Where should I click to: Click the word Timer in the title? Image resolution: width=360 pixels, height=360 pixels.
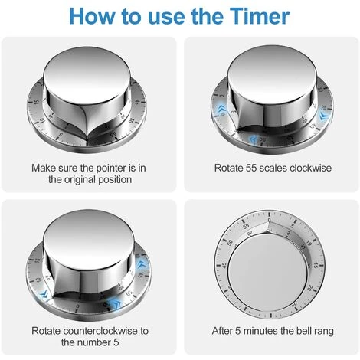pyautogui.click(x=259, y=16)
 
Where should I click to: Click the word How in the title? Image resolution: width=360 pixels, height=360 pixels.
pyautogui.click(x=92, y=16)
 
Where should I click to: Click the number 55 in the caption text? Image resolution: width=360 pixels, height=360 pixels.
pyautogui.click(x=251, y=168)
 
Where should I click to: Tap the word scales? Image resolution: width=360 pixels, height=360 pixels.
pyautogui.click(x=273, y=168)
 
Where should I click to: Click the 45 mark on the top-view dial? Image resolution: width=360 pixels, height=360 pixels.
pyautogui.click(x=224, y=265)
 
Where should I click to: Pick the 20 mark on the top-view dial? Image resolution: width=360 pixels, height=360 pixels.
pyautogui.click(x=309, y=288)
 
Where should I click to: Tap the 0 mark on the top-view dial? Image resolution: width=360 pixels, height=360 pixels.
pyautogui.click(x=269, y=220)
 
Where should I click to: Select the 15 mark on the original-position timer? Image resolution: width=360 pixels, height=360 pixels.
pyautogui.click(x=37, y=102)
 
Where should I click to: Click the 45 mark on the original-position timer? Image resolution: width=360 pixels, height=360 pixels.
pyautogui.click(x=137, y=102)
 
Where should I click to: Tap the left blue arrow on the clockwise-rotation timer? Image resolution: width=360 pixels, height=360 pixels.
pyautogui.click(x=221, y=109)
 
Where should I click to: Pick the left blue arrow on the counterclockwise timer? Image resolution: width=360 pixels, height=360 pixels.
pyautogui.click(x=44, y=294)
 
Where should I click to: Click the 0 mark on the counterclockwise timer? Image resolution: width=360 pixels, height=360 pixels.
pyautogui.click(x=77, y=306)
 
